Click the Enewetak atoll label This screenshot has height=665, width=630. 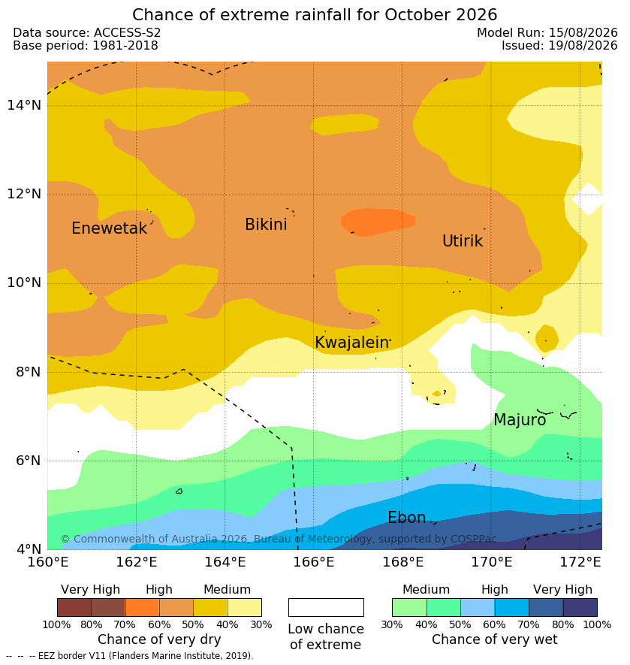pos(110,228)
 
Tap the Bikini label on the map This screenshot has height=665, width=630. pos(266,225)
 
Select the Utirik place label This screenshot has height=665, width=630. pos(463,241)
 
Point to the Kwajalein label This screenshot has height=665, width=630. pos(351,342)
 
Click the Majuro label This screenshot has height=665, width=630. pos(520,420)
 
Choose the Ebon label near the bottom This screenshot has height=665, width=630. pos(406,518)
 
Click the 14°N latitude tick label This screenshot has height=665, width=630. pos(24,104)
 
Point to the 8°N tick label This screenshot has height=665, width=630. pos(29,372)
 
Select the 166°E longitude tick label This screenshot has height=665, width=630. pos(314,562)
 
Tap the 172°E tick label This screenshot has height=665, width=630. pos(580,562)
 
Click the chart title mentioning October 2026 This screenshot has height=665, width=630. pos(315,15)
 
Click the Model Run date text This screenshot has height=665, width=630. pos(547,32)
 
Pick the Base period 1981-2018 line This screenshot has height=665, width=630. pos(86,45)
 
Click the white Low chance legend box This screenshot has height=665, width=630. pos(326,607)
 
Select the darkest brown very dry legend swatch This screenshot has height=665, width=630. pos(74,607)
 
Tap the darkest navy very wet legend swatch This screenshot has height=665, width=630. pos(580,607)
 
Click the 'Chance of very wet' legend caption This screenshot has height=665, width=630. pos(495,639)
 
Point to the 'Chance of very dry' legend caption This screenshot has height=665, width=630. pos(159,639)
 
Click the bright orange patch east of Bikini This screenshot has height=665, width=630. pos(377,222)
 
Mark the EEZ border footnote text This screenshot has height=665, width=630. pos(130,656)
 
